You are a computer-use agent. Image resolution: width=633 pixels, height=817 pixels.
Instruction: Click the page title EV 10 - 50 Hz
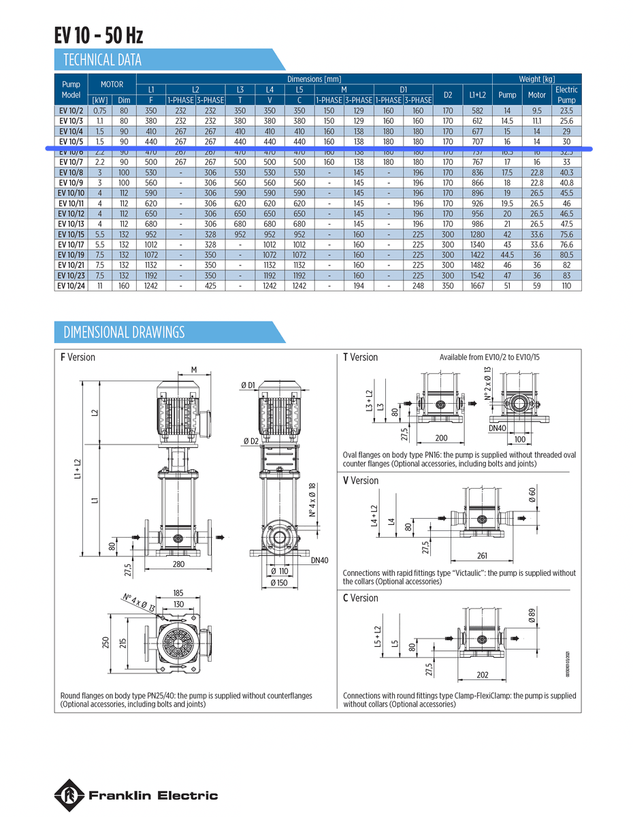point(99,35)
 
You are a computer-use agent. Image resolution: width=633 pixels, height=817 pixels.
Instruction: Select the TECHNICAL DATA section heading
point(102,60)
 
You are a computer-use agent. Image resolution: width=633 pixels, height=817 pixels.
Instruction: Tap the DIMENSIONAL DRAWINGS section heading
point(124,332)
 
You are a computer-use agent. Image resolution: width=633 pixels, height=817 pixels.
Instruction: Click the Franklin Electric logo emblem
point(69,795)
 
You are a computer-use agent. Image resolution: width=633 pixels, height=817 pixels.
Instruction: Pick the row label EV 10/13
point(71,224)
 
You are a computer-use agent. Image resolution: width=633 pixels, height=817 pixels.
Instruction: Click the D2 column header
point(447,95)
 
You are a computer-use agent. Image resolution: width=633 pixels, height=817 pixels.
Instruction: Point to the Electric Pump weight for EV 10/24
point(566,286)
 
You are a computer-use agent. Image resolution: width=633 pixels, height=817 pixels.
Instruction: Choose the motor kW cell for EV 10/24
point(100,286)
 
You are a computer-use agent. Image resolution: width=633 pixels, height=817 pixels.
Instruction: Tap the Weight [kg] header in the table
point(536,79)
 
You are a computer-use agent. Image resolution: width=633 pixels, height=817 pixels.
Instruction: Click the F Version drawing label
point(78,357)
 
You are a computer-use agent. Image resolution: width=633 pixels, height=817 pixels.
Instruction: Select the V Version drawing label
point(361,481)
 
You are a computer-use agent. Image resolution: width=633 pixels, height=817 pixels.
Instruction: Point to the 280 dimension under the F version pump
point(178,564)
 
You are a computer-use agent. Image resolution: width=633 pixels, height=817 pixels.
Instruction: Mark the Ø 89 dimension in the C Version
point(532,616)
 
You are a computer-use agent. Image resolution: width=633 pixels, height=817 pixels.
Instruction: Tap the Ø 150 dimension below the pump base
point(280,583)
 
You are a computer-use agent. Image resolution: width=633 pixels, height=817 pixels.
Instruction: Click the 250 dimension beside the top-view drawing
point(105,643)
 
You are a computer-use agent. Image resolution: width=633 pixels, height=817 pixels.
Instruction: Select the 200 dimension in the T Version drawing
point(441,438)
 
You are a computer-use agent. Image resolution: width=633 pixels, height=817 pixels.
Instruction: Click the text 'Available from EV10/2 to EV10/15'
point(490,357)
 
